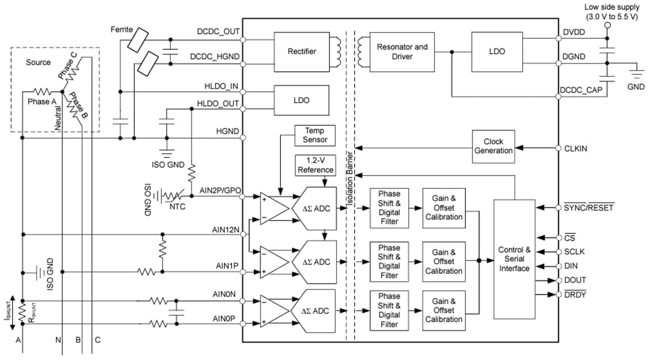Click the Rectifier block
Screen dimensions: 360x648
[x=302, y=51]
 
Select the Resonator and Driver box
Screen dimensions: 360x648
[x=403, y=51]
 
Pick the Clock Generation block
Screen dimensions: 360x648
[x=493, y=146]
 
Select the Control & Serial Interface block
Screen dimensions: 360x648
[x=514, y=259]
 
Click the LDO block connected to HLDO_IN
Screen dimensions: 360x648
[x=302, y=100]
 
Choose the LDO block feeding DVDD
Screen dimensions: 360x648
[x=496, y=51]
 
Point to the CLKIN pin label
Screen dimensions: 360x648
[x=576, y=148]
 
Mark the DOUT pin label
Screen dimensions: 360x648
[x=575, y=280]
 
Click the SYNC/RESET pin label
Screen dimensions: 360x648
[x=589, y=207]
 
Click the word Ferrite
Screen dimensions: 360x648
[x=122, y=29]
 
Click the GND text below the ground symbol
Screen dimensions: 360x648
[x=635, y=87]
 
